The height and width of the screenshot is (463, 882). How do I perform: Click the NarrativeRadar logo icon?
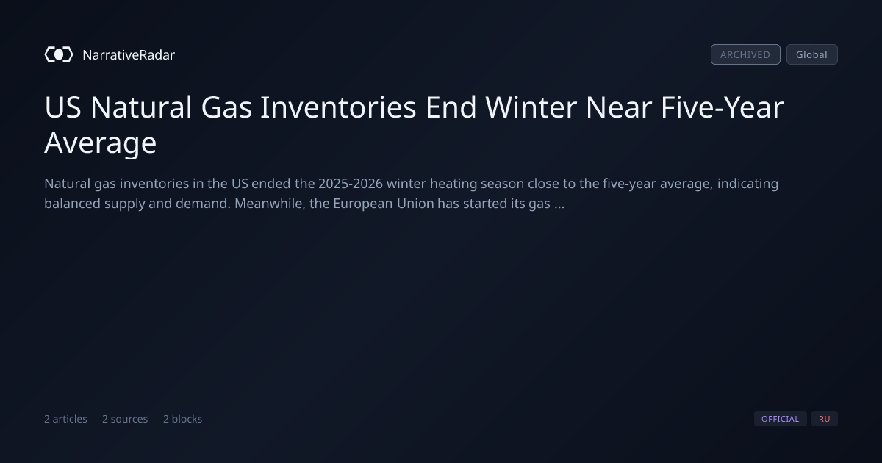pos(59,54)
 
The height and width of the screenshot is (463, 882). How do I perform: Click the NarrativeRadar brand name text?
pos(129,54)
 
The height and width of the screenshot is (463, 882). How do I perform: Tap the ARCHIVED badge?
pos(745,54)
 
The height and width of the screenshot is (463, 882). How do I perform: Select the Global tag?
pos(812,54)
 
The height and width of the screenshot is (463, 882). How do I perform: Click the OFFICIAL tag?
pos(780,418)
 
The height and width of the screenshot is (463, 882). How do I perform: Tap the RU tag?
pos(825,418)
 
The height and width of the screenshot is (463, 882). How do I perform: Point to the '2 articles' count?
pos(65,419)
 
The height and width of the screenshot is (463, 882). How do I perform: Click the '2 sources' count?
pos(125,419)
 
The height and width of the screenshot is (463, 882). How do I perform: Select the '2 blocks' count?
pos(183,419)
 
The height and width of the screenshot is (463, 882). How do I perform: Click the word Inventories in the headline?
pos(338,107)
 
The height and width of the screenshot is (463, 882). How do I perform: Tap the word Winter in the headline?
pos(531,107)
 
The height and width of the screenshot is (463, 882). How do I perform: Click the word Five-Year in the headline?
pos(722,107)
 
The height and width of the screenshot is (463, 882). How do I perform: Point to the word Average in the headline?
pos(101,143)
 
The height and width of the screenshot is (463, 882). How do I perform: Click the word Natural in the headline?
pos(141,107)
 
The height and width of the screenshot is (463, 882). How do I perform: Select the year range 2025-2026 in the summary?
pos(351,184)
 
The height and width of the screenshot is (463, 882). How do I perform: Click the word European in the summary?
pos(362,204)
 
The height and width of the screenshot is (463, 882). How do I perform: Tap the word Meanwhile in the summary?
pos(270,204)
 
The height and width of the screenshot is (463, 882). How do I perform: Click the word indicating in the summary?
pos(747,184)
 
